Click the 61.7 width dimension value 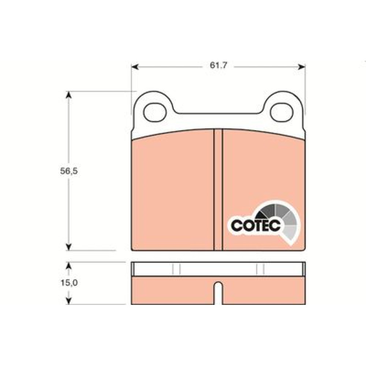(x=218, y=65)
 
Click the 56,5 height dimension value (x=69, y=171)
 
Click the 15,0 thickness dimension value (x=69, y=283)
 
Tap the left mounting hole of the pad (x=155, y=112)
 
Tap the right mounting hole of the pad (x=282, y=112)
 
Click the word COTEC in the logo (x=255, y=225)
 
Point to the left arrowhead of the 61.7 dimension (x=135, y=67)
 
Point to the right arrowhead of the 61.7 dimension (x=302, y=67)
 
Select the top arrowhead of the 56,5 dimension (x=68, y=95)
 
